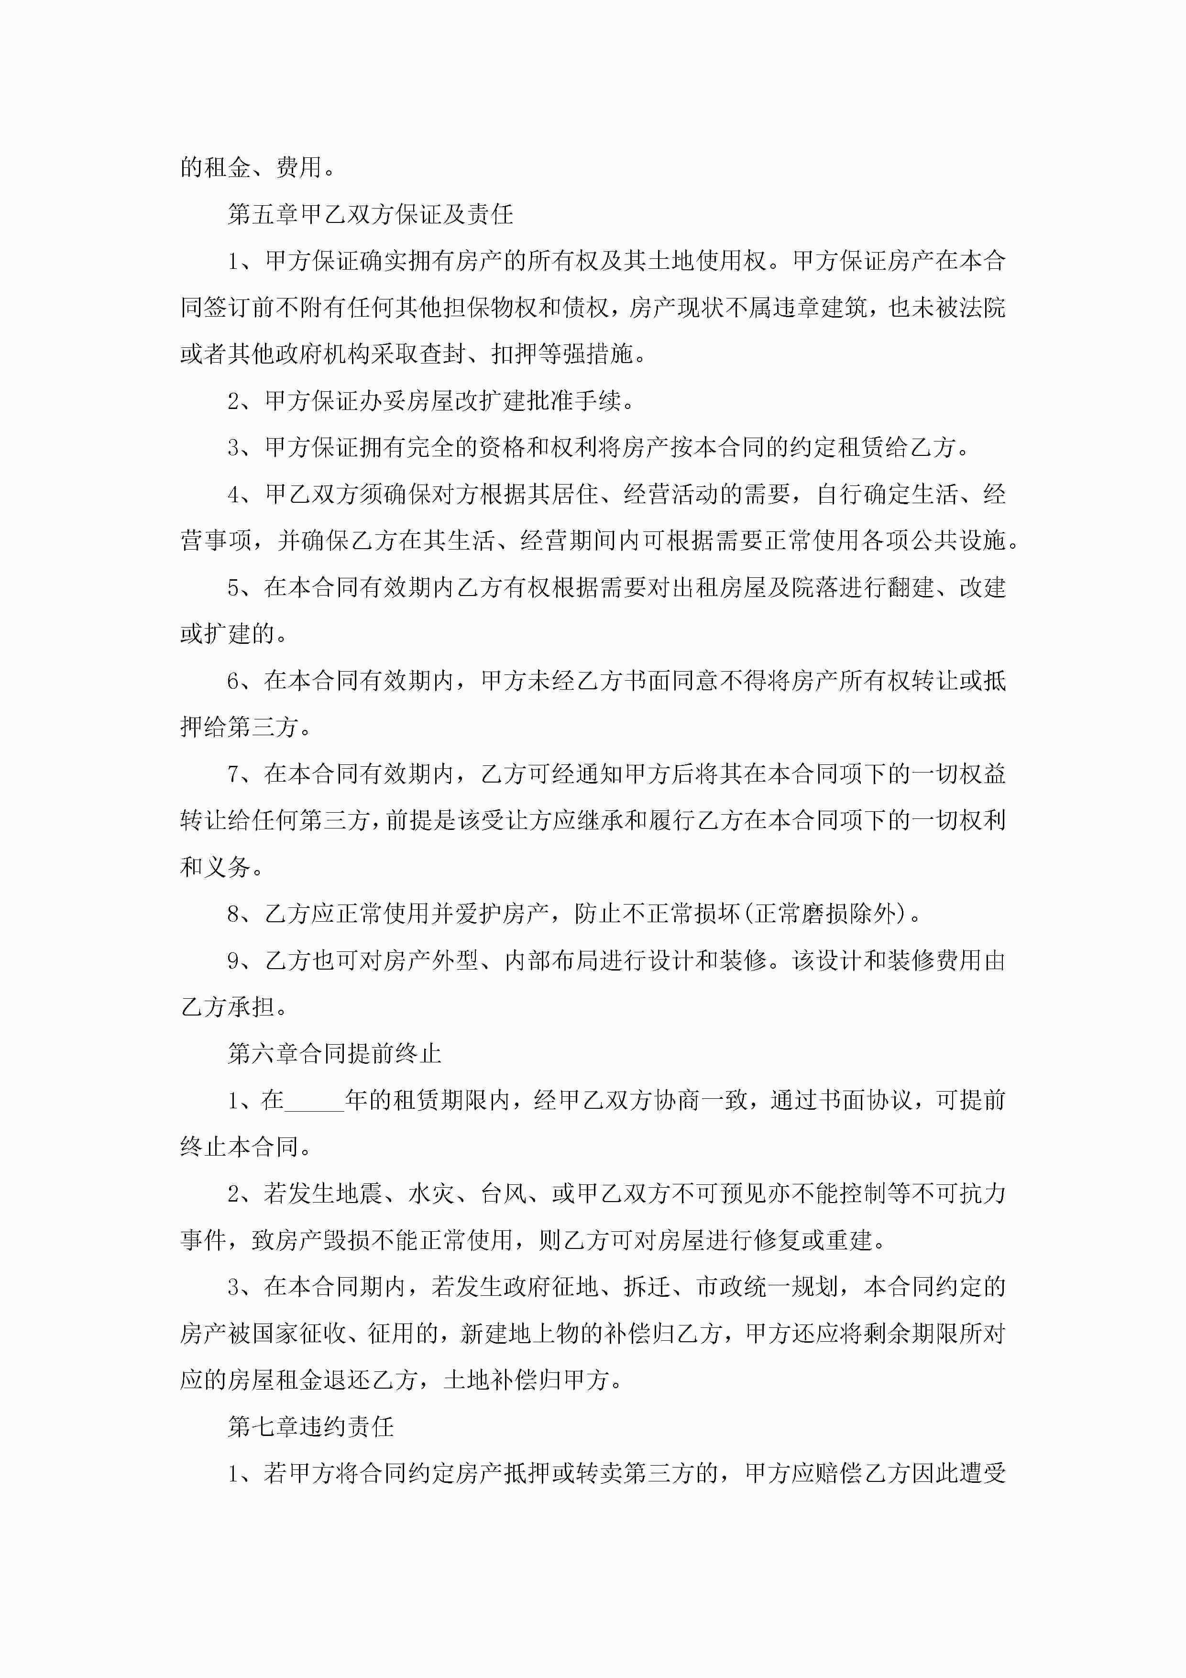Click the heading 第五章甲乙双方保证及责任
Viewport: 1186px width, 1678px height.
[x=371, y=214]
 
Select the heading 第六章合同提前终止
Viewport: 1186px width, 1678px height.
[x=335, y=1053]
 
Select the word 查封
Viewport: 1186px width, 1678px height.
[x=442, y=354]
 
